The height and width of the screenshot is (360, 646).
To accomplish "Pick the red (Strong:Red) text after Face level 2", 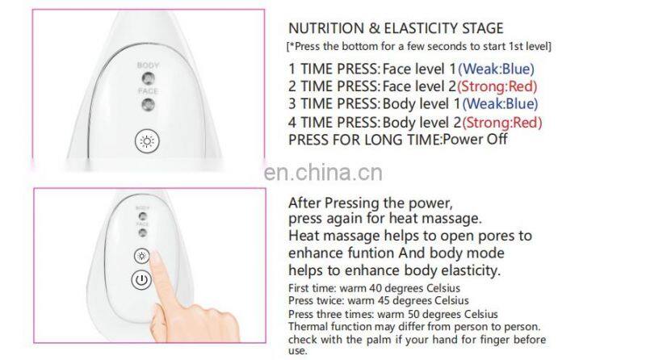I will [x=498, y=86].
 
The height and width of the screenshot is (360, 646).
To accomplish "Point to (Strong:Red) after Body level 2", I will [x=502, y=122].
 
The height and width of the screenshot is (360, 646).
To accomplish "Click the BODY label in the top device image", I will [x=148, y=65].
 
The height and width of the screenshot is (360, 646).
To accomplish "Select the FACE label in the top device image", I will [x=148, y=91].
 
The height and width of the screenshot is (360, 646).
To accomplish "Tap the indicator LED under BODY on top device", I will [x=148, y=77].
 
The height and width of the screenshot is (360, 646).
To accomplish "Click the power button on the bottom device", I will [x=142, y=282].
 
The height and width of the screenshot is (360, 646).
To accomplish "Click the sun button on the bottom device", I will [x=142, y=256].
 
